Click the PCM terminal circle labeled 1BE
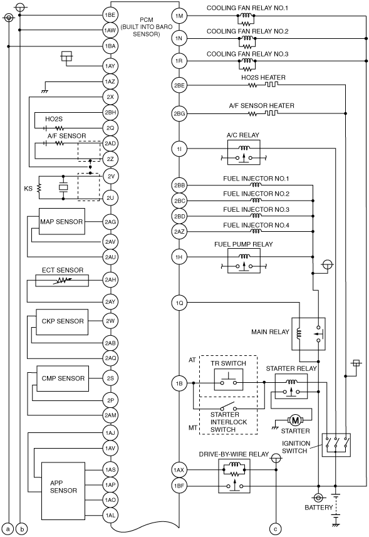pos(110,15)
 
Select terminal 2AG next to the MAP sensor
pos(110,222)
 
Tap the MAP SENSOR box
pos(62,222)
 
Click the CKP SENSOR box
pos(62,322)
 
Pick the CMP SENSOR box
pos(63,378)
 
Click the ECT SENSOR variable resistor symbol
pos(62,280)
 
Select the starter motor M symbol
pos(295,420)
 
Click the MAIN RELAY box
pos(308,334)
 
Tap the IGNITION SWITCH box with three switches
pos(336,445)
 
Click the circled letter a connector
pos(9,529)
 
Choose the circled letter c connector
pos(276,529)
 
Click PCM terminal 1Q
pos(179,303)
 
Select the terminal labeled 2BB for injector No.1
pos(179,185)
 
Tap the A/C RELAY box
pos(244,153)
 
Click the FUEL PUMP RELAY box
pos(244,261)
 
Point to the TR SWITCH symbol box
pos(229,380)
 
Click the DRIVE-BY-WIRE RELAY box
pos(234,476)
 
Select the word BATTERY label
pos(319,507)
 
